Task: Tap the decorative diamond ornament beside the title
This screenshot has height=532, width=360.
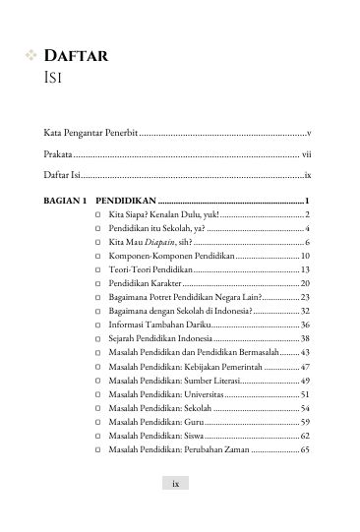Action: [x=30, y=57]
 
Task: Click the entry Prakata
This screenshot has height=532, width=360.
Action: [x=58, y=153]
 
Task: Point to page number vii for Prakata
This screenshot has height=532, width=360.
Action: [x=306, y=153]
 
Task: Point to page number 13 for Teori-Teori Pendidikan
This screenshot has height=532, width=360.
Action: [x=306, y=268]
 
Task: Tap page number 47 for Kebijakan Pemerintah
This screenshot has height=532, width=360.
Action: [x=305, y=365]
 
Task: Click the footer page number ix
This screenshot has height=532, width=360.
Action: [x=175, y=483]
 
